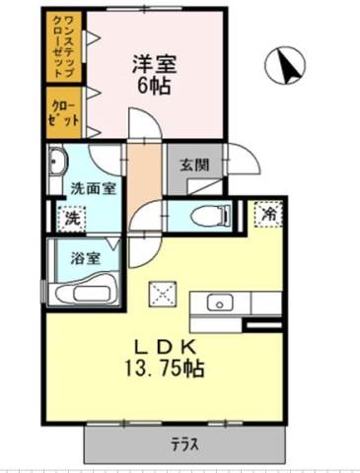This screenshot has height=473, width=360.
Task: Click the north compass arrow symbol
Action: click(x=285, y=65)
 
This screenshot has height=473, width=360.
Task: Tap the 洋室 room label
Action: click(x=155, y=64)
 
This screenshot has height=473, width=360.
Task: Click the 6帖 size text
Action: click(x=154, y=86)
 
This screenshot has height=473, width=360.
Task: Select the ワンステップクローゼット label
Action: click(x=63, y=46)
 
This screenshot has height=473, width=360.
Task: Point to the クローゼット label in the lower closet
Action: click(x=63, y=112)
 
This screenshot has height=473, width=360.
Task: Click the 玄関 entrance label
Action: click(x=194, y=165)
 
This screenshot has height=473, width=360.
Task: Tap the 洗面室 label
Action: click(x=94, y=189)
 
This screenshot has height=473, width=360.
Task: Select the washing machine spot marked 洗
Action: click(x=72, y=219)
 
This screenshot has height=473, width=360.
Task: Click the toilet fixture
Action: click(x=211, y=216)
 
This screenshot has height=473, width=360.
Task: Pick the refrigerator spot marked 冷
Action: click(x=269, y=214)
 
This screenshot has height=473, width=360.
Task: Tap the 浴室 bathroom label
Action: click(x=85, y=258)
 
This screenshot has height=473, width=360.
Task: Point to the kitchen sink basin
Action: click(x=220, y=304)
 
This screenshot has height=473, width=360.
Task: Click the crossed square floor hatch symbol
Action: click(x=163, y=295)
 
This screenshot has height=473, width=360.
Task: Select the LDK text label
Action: click(x=166, y=347)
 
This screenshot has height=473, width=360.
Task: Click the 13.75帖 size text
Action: click(x=164, y=368)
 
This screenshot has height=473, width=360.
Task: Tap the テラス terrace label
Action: click(x=184, y=445)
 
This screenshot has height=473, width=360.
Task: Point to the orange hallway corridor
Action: click(x=144, y=178)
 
